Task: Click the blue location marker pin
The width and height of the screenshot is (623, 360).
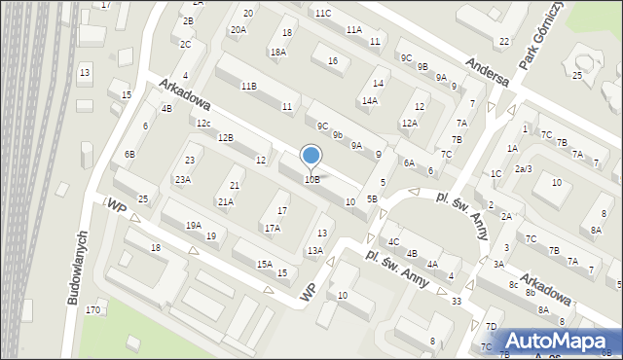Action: (311, 156)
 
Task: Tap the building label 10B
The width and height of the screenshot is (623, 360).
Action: (311, 179)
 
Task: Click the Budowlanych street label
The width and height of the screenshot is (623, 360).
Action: (79, 269)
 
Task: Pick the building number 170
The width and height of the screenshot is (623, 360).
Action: (92, 310)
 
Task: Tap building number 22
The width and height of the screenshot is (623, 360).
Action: (503, 41)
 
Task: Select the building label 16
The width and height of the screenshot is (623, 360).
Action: (333, 61)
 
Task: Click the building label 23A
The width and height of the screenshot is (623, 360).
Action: (182, 179)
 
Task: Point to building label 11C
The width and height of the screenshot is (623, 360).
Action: (322, 13)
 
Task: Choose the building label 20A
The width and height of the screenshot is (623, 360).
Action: (238, 30)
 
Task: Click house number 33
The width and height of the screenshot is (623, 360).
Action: (456, 302)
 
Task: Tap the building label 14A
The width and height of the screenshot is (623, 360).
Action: (370, 100)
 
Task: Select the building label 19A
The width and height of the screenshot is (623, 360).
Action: (194, 225)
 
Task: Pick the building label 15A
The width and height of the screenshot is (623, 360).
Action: (264, 264)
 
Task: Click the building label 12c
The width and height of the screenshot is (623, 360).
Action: (202, 124)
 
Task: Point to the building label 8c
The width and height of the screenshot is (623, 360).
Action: (512, 285)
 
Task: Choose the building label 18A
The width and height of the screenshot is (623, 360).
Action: (278, 52)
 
